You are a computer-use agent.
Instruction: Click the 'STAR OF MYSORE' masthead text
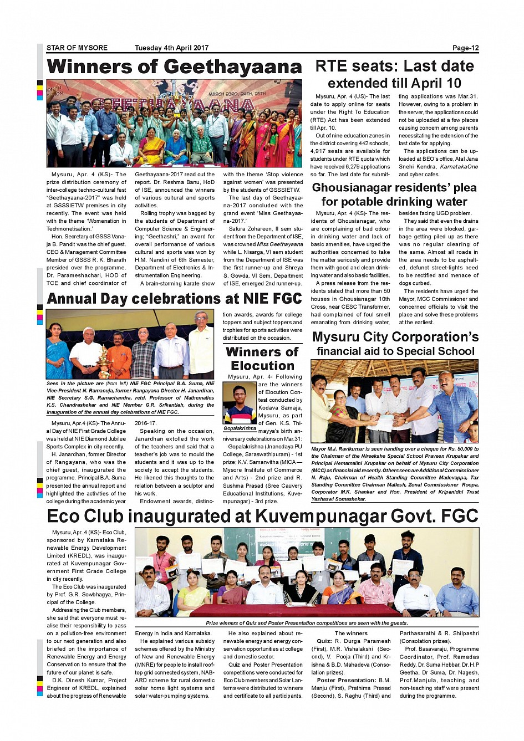[x=77, y=48]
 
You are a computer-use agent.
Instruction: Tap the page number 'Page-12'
[x=465, y=48]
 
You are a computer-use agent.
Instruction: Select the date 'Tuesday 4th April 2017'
[x=171, y=48]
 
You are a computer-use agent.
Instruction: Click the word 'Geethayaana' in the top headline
[x=233, y=67]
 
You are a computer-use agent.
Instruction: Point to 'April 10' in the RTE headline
[x=434, y=84]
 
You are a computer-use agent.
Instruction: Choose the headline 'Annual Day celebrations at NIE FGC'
[x=174, y=299]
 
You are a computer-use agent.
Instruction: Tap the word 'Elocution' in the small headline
[x=262, y=366]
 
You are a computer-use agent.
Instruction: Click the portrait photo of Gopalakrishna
[x=240, y=403]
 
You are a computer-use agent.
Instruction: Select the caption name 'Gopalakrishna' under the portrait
[x=240, y=428]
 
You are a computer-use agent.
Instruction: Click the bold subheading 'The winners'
[x=351, y=633]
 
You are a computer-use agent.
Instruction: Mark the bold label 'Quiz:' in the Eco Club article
[x=324, y=641]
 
